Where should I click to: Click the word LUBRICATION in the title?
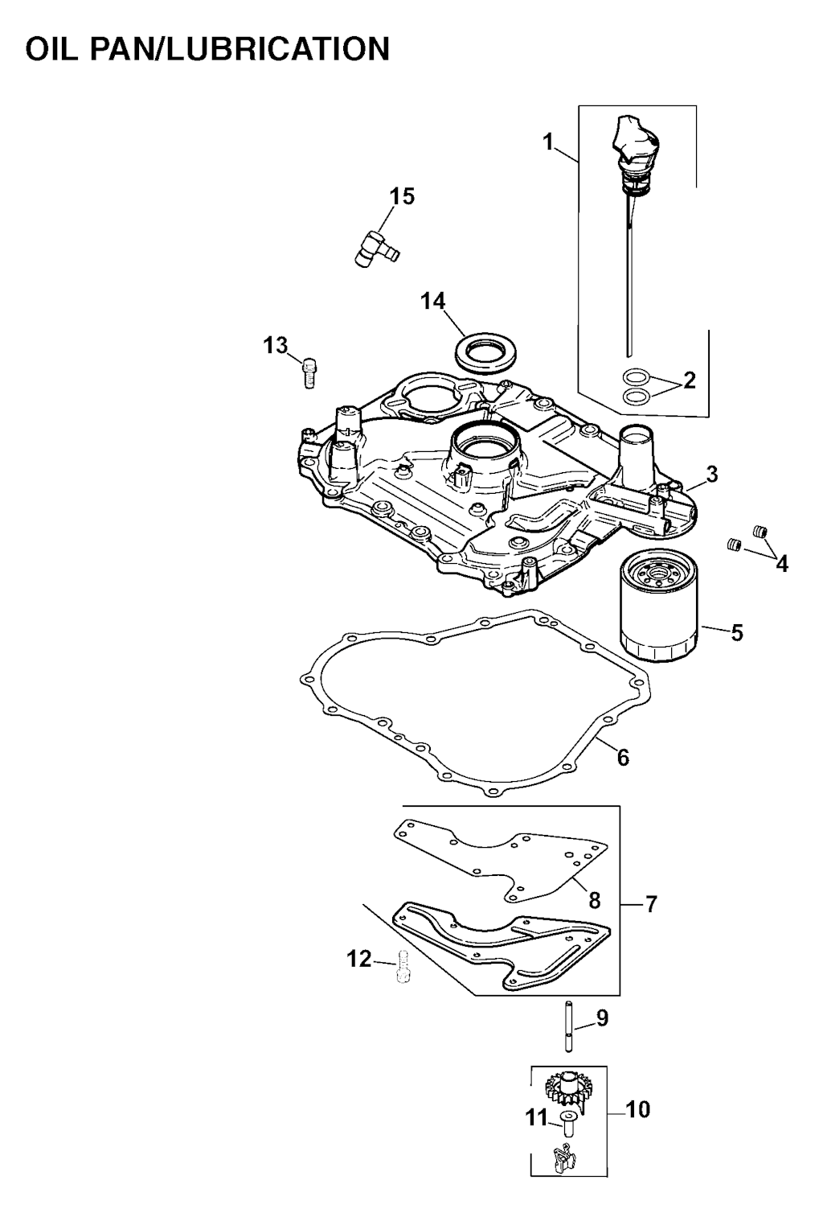click(277, 49)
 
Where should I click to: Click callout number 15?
click(403, 196)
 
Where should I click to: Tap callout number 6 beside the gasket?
click(623, 756)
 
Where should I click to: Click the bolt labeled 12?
click(403, 967)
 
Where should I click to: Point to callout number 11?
click(536, 1118)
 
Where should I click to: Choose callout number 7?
click(651, 903)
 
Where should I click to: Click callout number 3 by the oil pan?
click(711, 475)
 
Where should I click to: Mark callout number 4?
click(782, 564)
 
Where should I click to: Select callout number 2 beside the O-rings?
click(689, 380)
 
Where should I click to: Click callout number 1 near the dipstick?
click(548, 142)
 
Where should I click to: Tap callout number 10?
click(637, 1109)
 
